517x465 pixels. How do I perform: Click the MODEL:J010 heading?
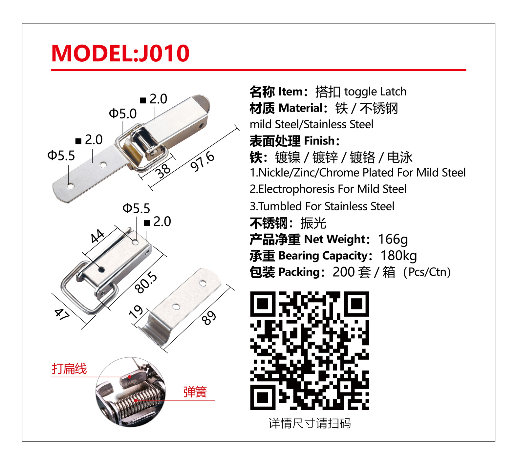(x=120, y=53)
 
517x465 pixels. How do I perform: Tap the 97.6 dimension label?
(x=203, y=161)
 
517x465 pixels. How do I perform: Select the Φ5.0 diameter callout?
(x=123, y=114)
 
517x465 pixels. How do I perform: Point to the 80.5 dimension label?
(x=146, y=282)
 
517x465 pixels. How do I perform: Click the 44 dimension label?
(x=97, y=236)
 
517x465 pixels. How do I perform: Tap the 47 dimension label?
(x=62, y=314)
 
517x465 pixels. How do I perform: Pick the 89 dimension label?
(x=209, y=317)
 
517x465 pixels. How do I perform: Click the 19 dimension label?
(x=136, y=312)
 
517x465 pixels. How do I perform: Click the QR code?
(x=309, y=350)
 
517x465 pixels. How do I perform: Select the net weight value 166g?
(x=393, y=240)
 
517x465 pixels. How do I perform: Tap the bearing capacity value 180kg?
(x=399, y=256)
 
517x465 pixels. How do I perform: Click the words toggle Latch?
(x=375, y=92)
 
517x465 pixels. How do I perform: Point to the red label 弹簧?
(x=195, y=392)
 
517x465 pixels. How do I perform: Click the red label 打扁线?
(x=69, y=369)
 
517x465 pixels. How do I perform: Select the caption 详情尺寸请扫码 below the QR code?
(x=310, y=423)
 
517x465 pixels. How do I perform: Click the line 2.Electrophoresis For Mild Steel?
(x=328, y=189)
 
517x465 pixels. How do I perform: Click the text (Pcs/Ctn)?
(x=427, y=272)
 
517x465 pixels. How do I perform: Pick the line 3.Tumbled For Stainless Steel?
(x=322, y=206)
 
